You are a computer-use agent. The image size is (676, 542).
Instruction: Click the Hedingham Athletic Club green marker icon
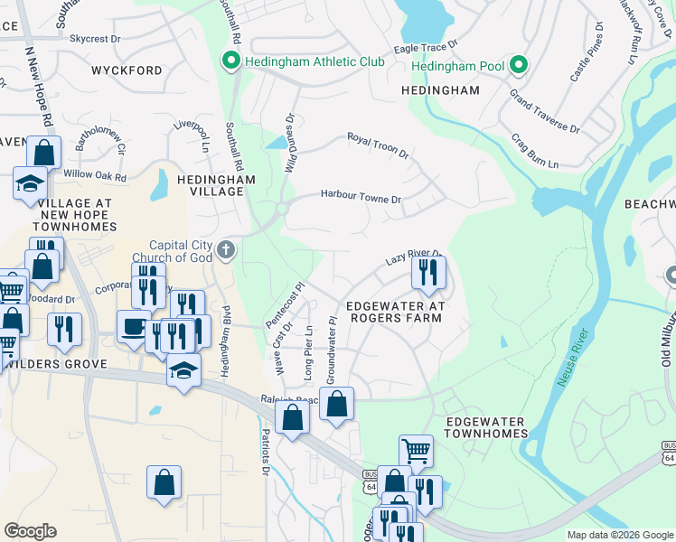point(230,61)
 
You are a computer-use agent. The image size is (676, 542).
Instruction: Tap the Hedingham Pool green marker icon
point(519,65)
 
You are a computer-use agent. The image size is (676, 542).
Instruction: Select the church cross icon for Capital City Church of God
point(226,248)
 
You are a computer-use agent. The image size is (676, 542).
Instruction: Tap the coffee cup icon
point(135,326)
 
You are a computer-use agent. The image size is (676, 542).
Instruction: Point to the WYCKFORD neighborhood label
point(127,70)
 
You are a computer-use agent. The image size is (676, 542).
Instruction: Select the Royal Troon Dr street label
point(379,145)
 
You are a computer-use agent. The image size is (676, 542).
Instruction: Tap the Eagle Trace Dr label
point(426,46)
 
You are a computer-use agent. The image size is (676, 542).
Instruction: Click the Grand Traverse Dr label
point(544,110)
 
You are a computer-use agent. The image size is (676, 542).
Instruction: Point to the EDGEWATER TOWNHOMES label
point(487,427)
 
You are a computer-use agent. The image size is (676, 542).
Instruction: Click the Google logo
point(30,531)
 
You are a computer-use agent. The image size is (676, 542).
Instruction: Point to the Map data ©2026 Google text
point(619,535)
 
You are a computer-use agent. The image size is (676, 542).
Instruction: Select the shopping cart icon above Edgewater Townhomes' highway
point(416,450)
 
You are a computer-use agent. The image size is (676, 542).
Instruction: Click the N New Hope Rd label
point(39,86)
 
